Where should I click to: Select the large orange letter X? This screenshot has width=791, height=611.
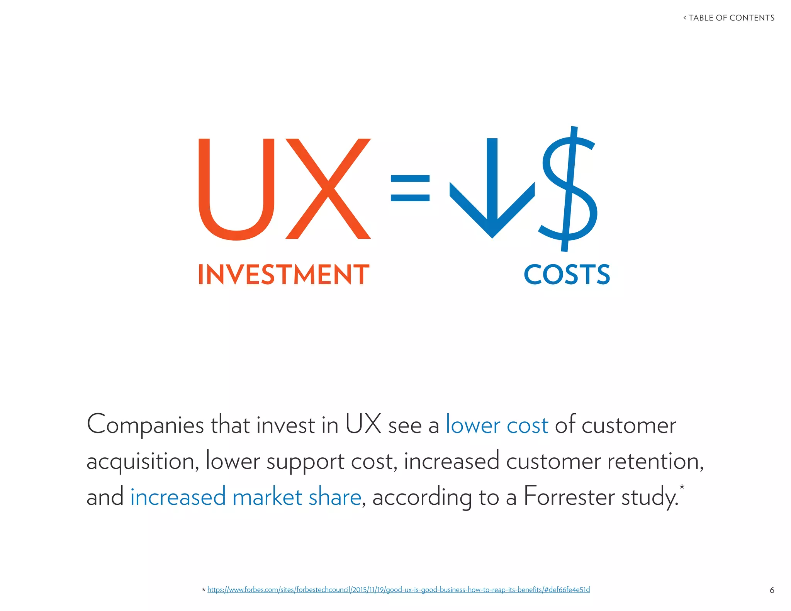(328, 189)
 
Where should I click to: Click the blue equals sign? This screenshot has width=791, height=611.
(410, 188)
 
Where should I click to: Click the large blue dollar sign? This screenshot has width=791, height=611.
(568, 189)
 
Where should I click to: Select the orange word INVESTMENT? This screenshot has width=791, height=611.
(284, 275)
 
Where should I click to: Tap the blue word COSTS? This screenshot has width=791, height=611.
(567, 275)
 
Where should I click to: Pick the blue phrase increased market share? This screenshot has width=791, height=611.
(246, 497)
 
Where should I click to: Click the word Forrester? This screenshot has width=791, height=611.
(569, 497)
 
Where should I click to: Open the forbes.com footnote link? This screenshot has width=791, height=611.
(398, 590)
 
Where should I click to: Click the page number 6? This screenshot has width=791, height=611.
(772, 590)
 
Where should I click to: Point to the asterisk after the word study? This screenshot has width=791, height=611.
(682, 487)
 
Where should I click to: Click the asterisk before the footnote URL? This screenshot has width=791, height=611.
(204, 590)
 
